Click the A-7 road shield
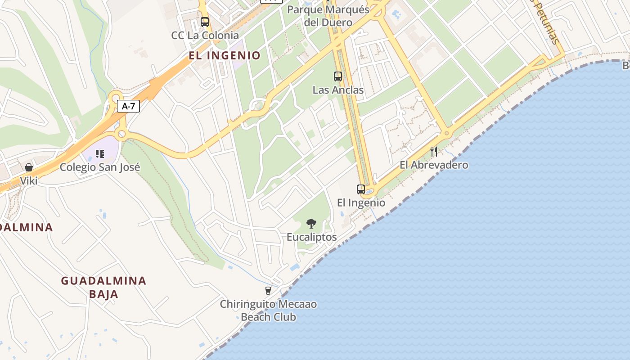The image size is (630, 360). point(128,106)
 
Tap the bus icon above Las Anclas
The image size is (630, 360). point(338,76)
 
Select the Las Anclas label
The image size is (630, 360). point(338,90)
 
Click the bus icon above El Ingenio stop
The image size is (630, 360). point(361,189)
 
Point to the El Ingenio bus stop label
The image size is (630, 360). point(361,202)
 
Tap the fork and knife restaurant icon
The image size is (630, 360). point(434,151)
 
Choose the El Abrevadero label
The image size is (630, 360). point(434,165)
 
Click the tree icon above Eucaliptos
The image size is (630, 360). point(311,223)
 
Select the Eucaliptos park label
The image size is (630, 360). point(311,237)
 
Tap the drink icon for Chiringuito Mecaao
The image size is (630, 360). point(268,291)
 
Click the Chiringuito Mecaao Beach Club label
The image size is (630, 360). point(268,310)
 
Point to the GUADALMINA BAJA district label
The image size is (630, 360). point(104,287)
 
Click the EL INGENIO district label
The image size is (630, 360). point(225,55)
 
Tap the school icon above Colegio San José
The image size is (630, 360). point(100,154)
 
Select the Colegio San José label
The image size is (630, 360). point(100,167)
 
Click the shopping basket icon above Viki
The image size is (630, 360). point(29,167)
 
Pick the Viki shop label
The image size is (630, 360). point(29,181)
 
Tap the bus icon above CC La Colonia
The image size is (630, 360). point(205,22)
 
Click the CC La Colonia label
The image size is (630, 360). point(205,35)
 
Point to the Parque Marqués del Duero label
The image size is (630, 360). point(328,16)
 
